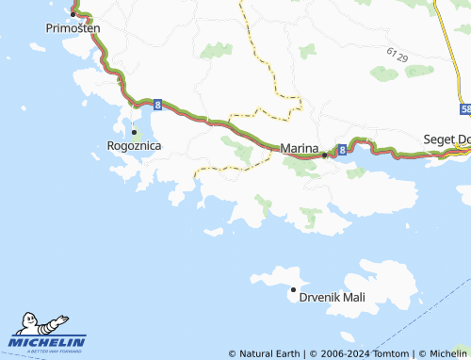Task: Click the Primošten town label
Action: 73,29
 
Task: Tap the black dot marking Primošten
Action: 73,14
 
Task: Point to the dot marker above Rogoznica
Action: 135,132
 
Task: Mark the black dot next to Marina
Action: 325,155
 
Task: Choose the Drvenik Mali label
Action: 332,297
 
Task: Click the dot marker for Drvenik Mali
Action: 293,289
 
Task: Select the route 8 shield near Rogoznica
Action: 156,104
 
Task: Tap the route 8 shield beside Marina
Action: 341,150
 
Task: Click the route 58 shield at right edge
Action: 466,109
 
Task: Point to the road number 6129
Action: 397,55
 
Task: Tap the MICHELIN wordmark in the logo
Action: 47,341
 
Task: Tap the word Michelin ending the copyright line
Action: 448,353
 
